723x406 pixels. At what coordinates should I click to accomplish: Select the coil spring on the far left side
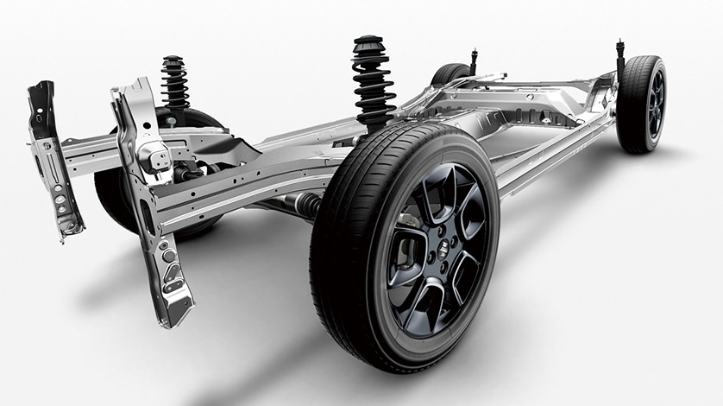(175, 86)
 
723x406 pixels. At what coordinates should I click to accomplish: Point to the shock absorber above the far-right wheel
(619, 60)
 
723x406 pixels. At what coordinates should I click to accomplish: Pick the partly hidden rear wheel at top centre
(450, 75)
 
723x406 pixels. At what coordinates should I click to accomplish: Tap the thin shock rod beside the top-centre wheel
(474, 63)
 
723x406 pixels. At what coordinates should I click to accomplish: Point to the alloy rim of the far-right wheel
(654, 103)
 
